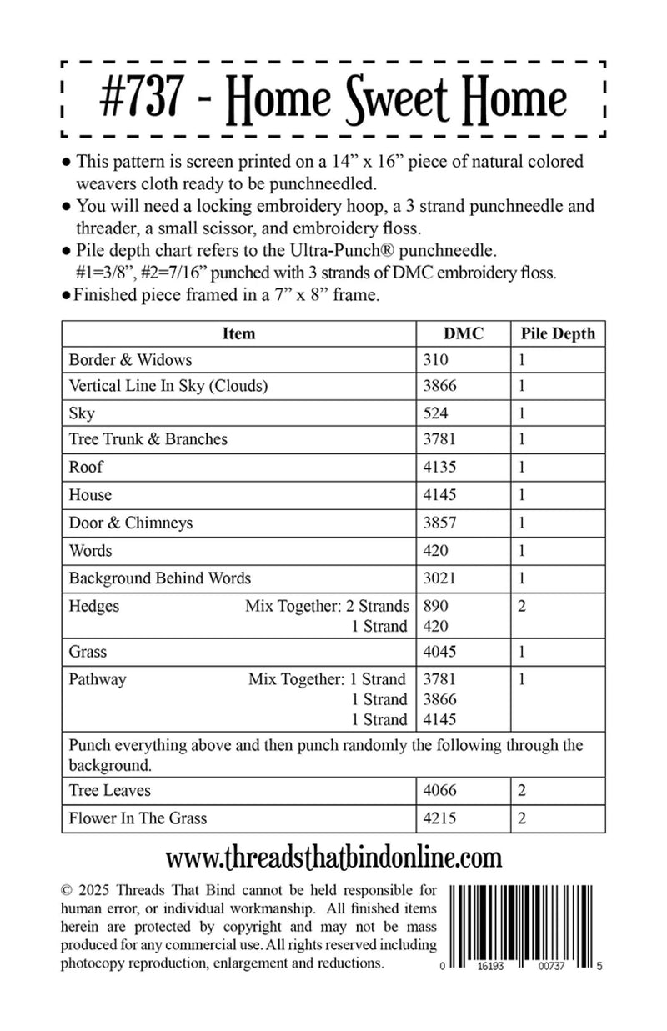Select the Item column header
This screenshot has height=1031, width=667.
click(238, 333)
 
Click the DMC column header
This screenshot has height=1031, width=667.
click(463, 333)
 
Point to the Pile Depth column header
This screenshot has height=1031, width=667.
click(558, 333)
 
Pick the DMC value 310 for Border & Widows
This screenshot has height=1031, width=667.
click(436, 360)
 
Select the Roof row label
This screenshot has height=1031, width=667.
click(86, 468)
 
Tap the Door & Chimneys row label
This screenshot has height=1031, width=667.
click(131, 523)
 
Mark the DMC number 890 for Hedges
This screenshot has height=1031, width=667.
click(436, 606)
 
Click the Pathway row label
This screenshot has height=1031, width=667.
click(98, 679)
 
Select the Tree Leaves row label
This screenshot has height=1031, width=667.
click(110, 790)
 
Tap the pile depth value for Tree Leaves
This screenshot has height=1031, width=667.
click(522, 790)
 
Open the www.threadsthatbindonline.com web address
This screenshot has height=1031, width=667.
click(333, 858)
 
